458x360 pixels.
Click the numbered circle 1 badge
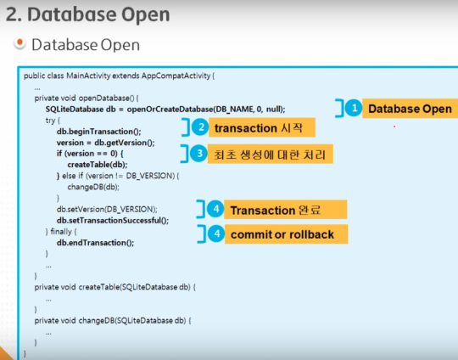pos(354,108)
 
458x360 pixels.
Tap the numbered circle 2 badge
pos(200,127)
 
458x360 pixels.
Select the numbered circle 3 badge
pos(199,153)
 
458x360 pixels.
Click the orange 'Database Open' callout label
pos(411,109)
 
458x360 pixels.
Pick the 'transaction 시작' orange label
pos(262,127)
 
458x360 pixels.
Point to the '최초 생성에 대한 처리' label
pos(271,154)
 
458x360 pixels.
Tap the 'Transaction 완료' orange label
pos(285,210)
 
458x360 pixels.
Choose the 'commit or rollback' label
pos(287,234)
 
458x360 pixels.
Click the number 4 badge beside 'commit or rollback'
pos(216,233)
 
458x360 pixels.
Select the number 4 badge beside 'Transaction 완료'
pos(215,209)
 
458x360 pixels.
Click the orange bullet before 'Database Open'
pos(20,43)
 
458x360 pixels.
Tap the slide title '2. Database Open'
pos(87,14)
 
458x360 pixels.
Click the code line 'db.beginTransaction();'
pos(98,132)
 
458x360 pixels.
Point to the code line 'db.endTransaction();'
pos(95,243)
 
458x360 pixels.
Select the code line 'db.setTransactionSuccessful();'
pos(113,220)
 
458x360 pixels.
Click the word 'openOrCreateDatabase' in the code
pos(170,110)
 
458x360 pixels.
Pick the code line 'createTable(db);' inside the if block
pos(98,165)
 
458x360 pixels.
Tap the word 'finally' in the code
pos(61,232)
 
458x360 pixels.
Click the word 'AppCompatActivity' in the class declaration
pos(176,76)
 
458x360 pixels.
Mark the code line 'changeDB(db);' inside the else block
pos(93,187)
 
